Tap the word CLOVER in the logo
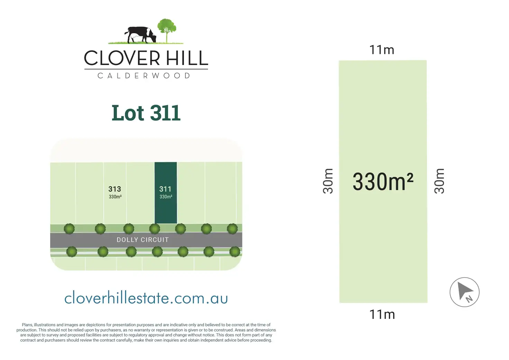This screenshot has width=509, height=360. coord(122,58)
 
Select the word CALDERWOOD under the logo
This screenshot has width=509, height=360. coord(144,76)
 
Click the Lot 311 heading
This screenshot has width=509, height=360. coord(146,113)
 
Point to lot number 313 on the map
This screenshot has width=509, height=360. coord(114,189)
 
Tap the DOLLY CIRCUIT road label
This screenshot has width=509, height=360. coord(142,240)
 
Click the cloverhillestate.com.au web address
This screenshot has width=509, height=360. coord(146,298)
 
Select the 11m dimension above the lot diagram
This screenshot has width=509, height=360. coord(382,50)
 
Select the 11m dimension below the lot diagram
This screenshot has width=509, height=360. coord(382,314)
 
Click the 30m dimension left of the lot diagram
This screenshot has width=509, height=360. coord(328,181)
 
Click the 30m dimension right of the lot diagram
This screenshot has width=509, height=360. coord(439,181)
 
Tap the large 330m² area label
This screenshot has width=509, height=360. coord(383,182)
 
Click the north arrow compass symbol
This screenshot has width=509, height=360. coord(464,292)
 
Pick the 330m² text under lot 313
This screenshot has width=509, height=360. coord(115,197)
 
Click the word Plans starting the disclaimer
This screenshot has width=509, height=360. coord(27,325)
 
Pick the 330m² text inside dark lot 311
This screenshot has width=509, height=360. coord(166,197)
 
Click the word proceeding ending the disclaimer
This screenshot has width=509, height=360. coord(261,340)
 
